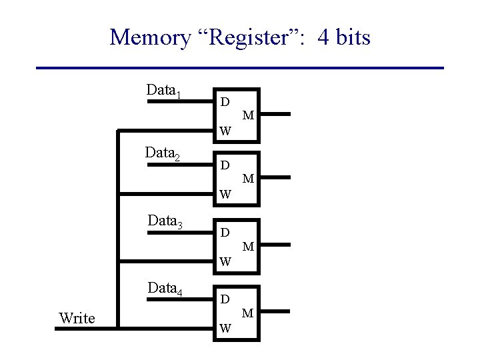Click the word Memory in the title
(149, 37)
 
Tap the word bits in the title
(349, 37)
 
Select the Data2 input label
(164, 153)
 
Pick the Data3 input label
(164, 221)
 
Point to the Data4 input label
(164, 288)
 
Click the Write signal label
(77, 318)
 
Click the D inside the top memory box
(225, 102)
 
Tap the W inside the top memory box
(225, 131)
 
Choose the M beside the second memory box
(248, 178)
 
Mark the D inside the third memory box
(225, 233)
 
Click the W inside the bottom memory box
(225, 328)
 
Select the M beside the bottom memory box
(248, 313)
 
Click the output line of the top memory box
(275, 114)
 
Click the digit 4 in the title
(325, 37)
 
